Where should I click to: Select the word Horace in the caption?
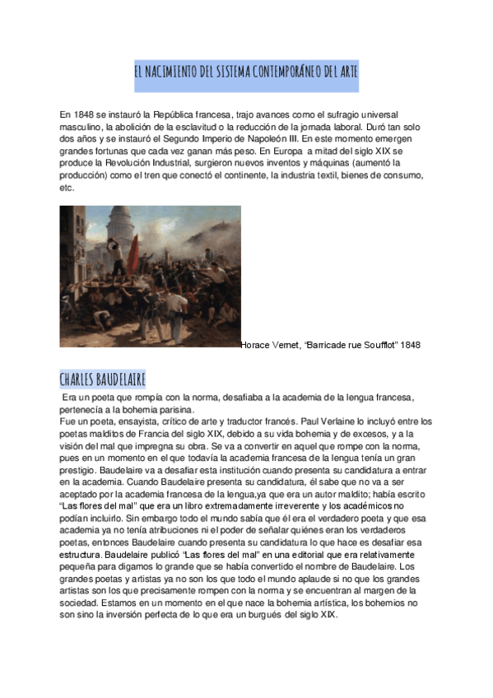pyautogui.click(x=257, y=345)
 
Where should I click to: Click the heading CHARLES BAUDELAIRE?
pyautogui.click(x=103, y=379)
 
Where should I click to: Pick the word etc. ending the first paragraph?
pyautogui.click(x=67, y=188)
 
